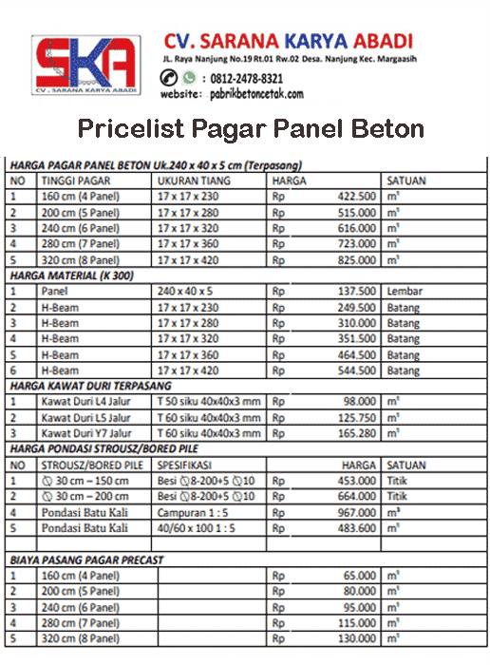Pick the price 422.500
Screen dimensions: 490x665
click(355, 196)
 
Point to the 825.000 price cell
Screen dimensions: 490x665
click(355, 259)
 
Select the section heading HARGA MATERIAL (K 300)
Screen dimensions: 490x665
click(71, 275)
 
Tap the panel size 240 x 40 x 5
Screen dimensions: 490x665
click(187, 292)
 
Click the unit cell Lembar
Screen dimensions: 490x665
click(405, 292)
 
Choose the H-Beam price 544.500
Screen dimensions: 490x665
click(355, 370)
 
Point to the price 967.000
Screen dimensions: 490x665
click(355, 513)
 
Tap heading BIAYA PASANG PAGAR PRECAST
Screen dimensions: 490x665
click(86, 560)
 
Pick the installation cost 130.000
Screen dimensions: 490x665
click(355, 638)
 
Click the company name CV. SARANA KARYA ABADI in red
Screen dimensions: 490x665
click(288, 41)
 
